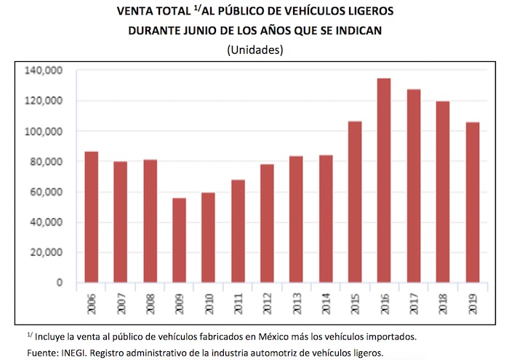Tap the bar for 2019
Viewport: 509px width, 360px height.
473,202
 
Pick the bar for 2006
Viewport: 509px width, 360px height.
92,217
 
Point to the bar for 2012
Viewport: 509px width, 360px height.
268,223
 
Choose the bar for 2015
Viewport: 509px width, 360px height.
356,201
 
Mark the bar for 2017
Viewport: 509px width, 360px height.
414,185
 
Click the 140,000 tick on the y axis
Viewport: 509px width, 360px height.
47,71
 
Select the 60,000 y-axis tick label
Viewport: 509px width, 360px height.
49,192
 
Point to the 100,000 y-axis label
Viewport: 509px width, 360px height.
47,132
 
